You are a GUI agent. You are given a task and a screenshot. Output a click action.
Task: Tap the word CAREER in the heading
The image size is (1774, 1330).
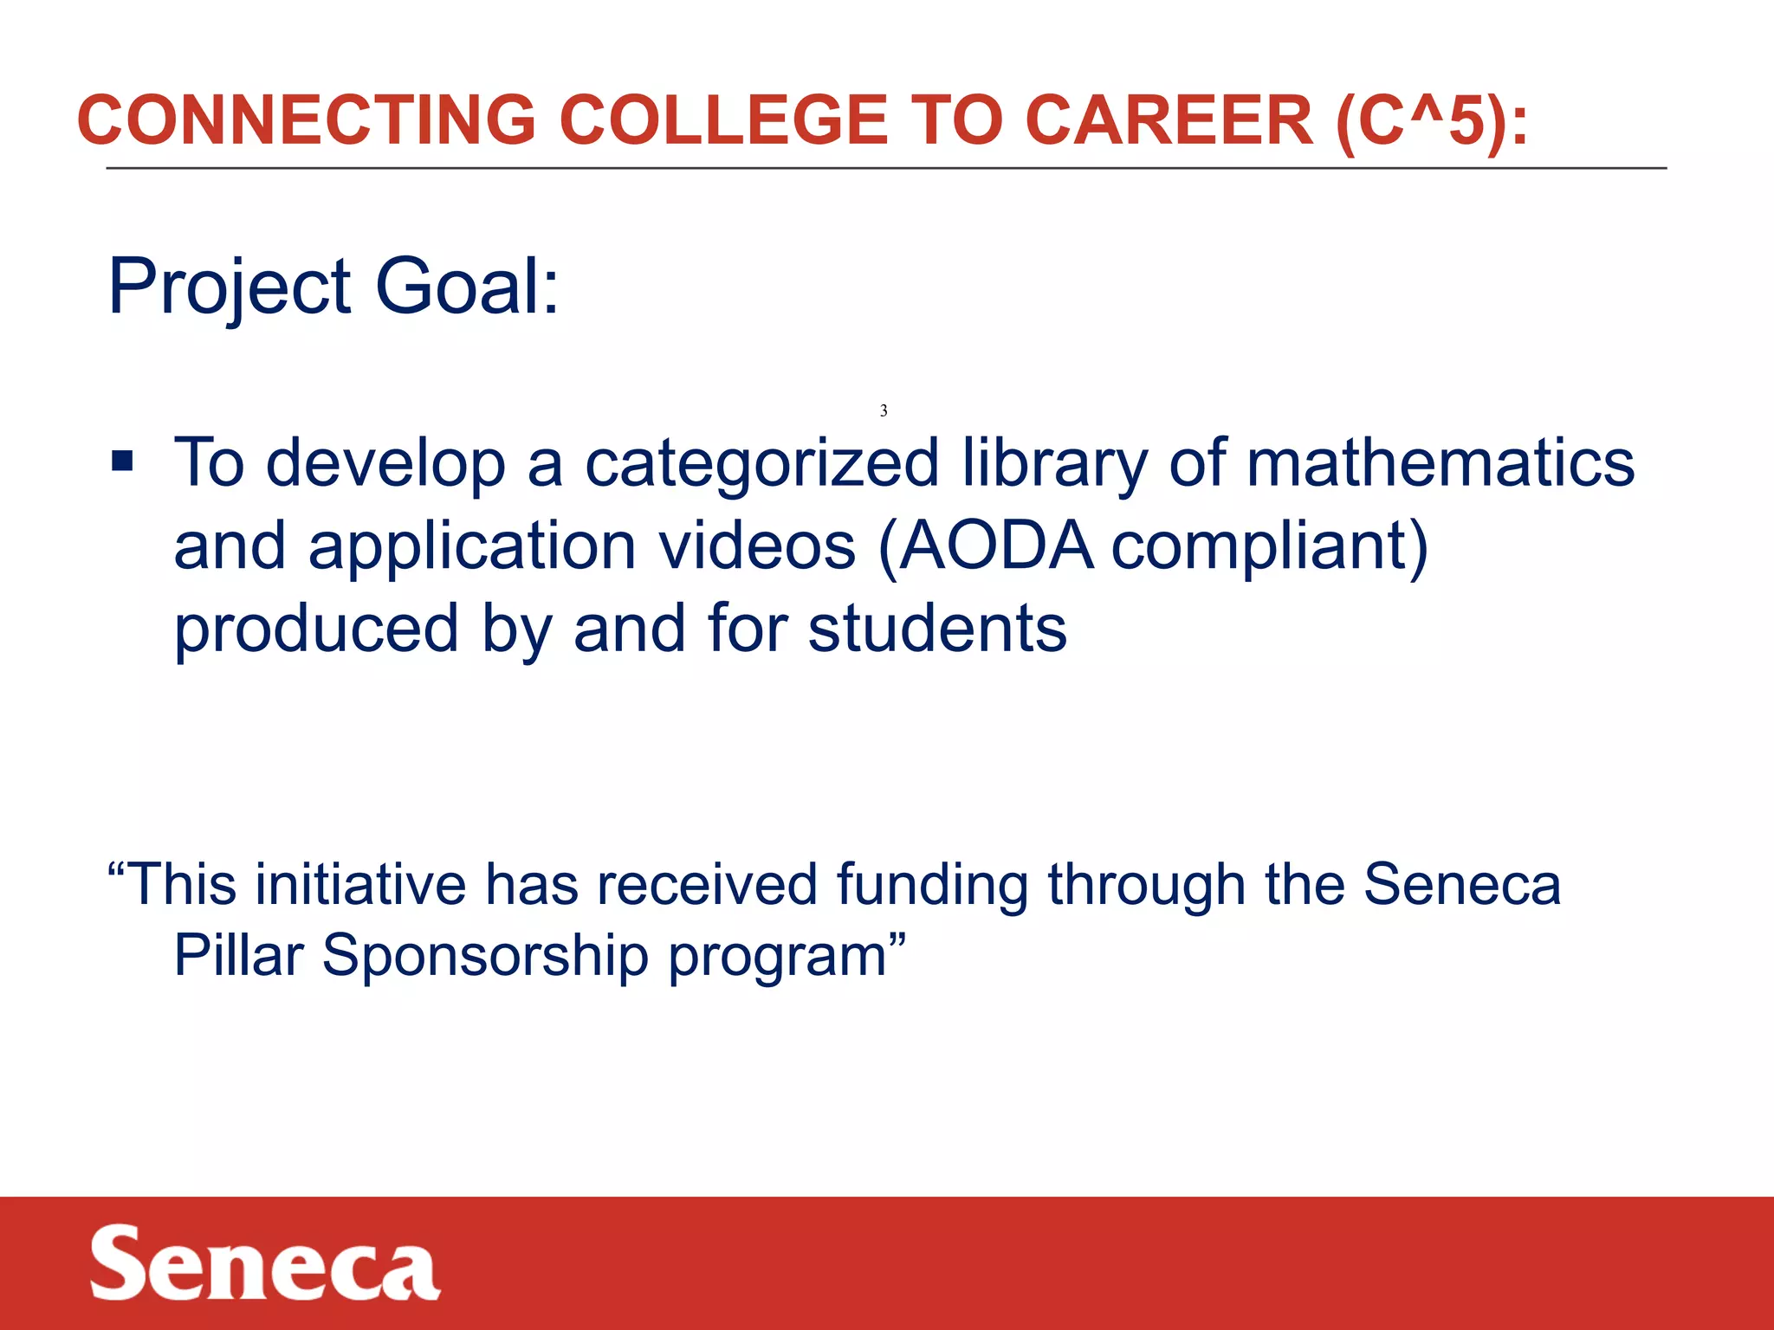click(x=1169, y=119)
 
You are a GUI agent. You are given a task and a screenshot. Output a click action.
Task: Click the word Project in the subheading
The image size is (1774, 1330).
click(x=230, y=287)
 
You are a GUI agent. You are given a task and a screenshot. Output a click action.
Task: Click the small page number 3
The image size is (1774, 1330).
click(x=884, y=410)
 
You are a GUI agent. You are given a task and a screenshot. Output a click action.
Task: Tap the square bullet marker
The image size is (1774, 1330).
click(x=122, y=462)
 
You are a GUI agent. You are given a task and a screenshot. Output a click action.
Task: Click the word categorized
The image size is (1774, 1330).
click(x=762, y=464)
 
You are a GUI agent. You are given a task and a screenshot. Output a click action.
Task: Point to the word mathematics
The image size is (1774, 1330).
click(x=1440, y=462)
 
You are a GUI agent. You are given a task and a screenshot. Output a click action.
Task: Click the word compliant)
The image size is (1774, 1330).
click(x=1270, y=547)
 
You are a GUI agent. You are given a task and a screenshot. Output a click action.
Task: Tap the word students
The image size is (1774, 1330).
click(x=937, y=629)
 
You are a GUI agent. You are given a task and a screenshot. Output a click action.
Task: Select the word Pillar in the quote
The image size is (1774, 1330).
click(x=239, y=956)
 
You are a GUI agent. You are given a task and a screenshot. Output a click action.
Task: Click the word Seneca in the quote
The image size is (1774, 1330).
click(x=1462, y=885)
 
